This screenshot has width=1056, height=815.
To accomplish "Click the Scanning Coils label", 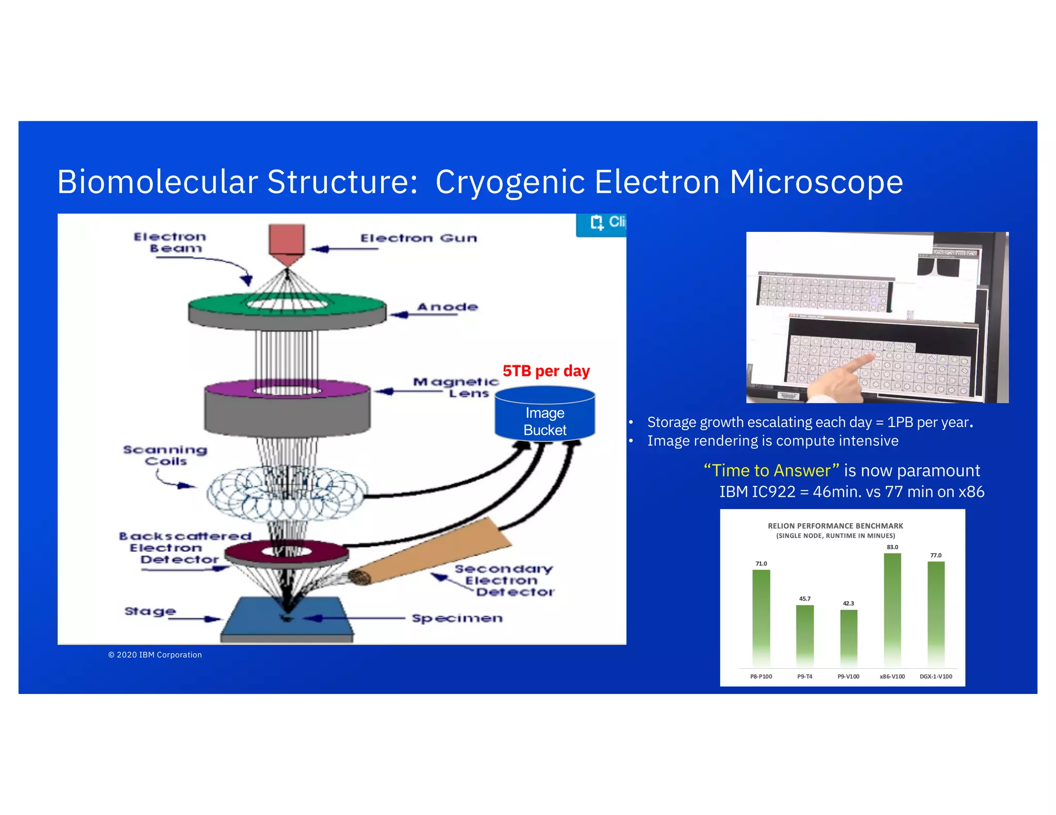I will [x=165, y=455].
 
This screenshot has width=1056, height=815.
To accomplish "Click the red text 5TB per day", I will [x=546, y=371].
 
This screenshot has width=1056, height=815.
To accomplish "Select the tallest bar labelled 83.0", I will [x=892, y=608].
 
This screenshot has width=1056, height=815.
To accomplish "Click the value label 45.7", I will [x=804, y=599].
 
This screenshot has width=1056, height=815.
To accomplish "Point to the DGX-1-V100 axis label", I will [x=936, y=676].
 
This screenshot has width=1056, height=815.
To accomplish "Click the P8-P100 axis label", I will [x=761, y=676].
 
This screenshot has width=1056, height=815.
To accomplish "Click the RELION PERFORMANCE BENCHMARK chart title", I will [x=835, y=526].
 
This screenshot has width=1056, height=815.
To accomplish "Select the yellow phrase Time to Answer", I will [x=771, y=470].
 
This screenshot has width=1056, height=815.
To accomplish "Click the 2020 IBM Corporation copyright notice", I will [x=155, y=655].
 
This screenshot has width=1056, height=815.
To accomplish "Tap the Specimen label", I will [x=457, y=618].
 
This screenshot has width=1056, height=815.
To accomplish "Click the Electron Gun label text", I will [x=419, y=238].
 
